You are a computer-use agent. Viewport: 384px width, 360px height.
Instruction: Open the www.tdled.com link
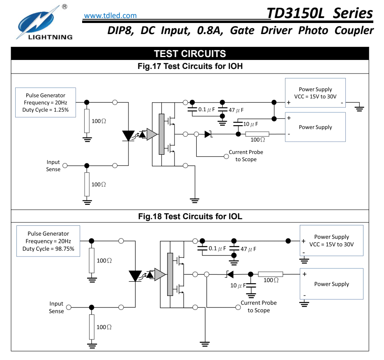[110, 16]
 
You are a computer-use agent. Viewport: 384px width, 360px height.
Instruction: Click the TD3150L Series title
[320, 13]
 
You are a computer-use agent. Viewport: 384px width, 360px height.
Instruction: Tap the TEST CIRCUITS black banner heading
[190, 54]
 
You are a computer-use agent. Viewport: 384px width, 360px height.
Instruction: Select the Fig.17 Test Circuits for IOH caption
[190, 66]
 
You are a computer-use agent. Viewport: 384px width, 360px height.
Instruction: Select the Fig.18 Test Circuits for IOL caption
[190, 216]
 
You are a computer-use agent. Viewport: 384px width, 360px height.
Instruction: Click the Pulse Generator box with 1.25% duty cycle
[46, 103]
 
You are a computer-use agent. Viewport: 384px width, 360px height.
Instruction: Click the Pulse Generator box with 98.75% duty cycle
[48, 241]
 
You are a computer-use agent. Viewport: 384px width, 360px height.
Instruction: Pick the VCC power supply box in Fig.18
[331, 241]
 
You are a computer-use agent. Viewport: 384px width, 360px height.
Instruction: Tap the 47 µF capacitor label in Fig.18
[248, 249]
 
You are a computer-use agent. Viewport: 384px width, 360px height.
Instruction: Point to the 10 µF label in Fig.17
[251, 124]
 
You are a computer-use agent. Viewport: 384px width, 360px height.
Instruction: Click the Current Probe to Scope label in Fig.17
[246, 156]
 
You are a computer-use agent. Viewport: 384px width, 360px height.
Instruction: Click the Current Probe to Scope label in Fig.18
[258, 306]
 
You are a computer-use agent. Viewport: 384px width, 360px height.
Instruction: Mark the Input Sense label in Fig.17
[53, 166]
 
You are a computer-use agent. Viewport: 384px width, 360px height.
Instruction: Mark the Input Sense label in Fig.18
[56, 307]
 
